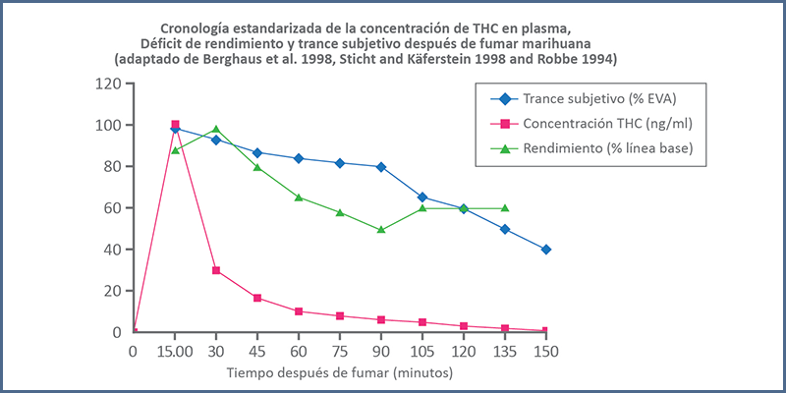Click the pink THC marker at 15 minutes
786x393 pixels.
coord(175,125)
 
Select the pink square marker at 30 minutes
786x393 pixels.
coord(216,270)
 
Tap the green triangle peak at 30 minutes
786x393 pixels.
coord(216,130)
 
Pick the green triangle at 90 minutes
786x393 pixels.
coord(380,230)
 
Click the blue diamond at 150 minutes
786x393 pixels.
coord(545,250)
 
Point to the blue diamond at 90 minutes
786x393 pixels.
coord(380,167)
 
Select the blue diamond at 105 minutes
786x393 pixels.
coord(421,197)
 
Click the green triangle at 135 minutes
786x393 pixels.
coord(504,208)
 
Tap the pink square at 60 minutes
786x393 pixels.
coord(299,311)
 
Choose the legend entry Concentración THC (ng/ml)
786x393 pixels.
coord(606,124)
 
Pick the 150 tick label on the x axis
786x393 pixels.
coord(545,350)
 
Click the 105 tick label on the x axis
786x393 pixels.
coord(421,350)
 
